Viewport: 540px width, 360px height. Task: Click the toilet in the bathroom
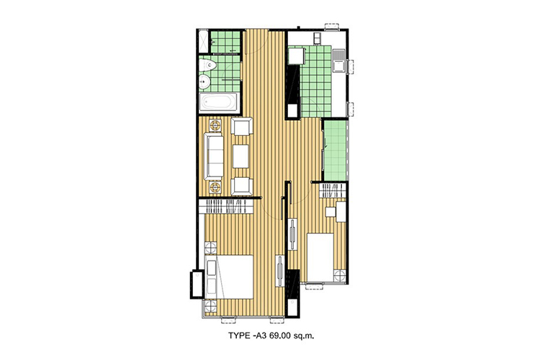(x=207, y=65)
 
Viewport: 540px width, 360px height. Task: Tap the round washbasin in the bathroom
(x=204, y=82)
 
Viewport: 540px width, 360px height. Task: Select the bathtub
(x=218, y=102)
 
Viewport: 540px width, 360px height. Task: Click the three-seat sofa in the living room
(x=214, y=156)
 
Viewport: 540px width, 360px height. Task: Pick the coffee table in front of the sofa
(x=240, y=156)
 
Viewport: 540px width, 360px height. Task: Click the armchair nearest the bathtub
(x=242, y=127)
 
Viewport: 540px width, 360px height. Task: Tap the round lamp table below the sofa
(x=215, y=187)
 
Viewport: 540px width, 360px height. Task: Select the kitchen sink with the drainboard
(x=339, y=60)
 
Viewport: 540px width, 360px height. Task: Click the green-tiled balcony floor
(x=335, y=150)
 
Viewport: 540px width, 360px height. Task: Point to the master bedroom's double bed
(x=229, y=277)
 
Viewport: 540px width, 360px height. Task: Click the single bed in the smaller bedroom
(x=320, y=257)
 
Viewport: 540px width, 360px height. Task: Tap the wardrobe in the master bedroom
(x=226, y=207)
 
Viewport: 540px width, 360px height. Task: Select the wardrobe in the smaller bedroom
(x=333, y=191)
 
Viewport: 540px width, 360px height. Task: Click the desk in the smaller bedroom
(x=341, y=212)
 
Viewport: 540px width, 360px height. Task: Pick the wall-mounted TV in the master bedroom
(x=280, y=271)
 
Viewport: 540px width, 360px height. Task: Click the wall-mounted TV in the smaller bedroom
(x=293, y=234)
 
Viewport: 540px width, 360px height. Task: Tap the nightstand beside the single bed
(x=340, y=276)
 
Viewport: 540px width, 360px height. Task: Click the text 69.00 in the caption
(x=280, y=336)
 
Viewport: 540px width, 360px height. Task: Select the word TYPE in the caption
(x=238, y=336)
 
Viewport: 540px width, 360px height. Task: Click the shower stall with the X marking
(x=204, y=42)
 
